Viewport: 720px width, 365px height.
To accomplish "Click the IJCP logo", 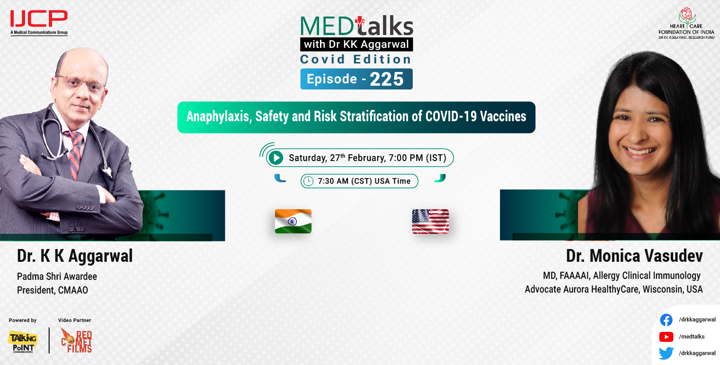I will click(x=38, y=20).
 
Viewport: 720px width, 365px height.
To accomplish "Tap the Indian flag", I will click(x=293, y=221).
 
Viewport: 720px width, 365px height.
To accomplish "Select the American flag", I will click(x=430, y=221).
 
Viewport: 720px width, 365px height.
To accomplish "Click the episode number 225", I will click(x=387, y=80).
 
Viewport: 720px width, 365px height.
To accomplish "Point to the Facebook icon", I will click(x=666, y=320).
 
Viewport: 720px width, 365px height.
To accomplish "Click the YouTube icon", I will click(x=666, y=337).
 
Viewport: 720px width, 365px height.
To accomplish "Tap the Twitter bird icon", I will click(x=666, y=353).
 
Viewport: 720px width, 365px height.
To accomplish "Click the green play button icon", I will click(x=276, y=158).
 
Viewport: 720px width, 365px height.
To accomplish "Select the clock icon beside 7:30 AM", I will click(x=308, y=181).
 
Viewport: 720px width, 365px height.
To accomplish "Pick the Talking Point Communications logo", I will click(x=22, y=341).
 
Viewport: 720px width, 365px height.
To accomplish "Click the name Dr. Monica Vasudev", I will click(x=634, y=256).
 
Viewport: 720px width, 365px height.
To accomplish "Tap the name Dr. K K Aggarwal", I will click(x=75, y=256).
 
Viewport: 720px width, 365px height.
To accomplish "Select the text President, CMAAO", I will click(x=53, y=290).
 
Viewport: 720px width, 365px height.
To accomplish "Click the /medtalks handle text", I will click(x=692, y=337).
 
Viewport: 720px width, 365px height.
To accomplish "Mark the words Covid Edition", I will click(x=356, y=60).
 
